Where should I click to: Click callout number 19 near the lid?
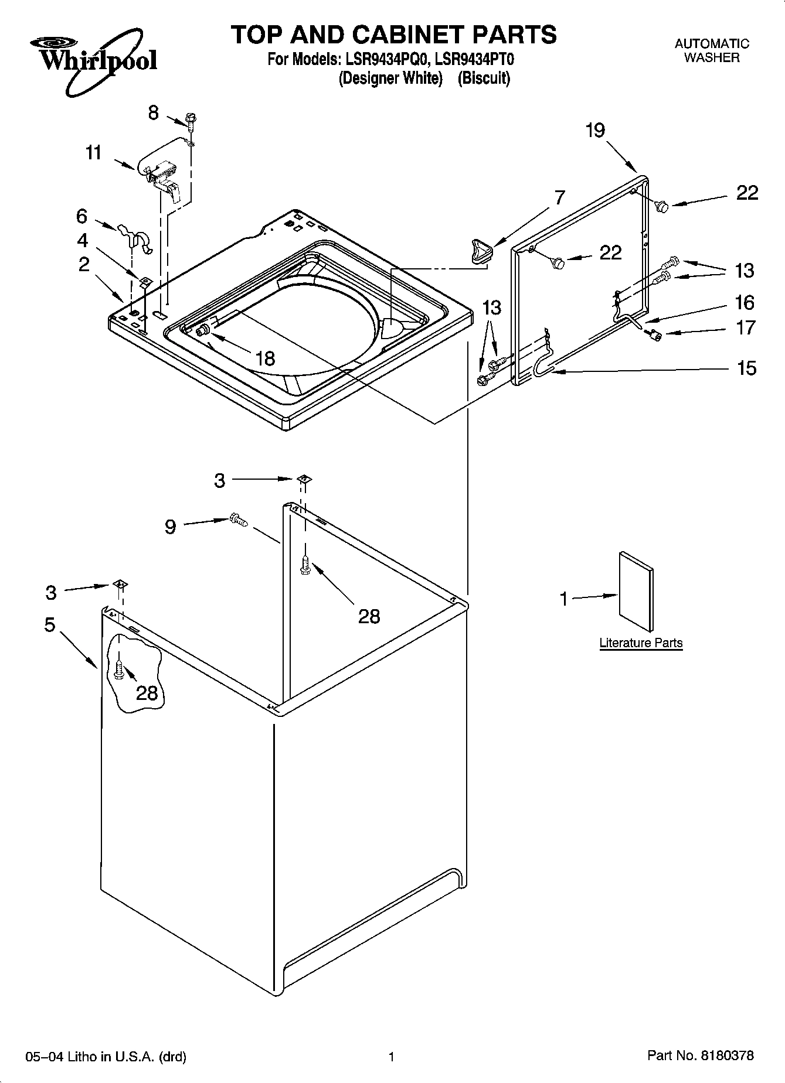click(x=595, y=130)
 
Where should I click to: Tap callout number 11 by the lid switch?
click(x=94, y=153)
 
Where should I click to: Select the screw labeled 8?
click(x=191, y=119)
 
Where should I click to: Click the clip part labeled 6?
click(x=135, y=237)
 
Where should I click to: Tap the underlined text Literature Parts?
click(x=641, y=643)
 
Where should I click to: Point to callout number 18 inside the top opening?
click(x=266, y=358)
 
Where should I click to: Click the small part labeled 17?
click(x=655, y=334)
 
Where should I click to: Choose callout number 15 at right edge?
click(x=746, y=368)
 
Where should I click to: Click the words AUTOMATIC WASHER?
click(x=712, y=50)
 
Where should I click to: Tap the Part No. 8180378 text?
click(x=701, y=1056)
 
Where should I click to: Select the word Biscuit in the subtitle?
click(x=484, y=78)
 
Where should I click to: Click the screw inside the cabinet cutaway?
click(x=120, y=671)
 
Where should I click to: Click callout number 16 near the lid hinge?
click(x=745, y=302)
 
